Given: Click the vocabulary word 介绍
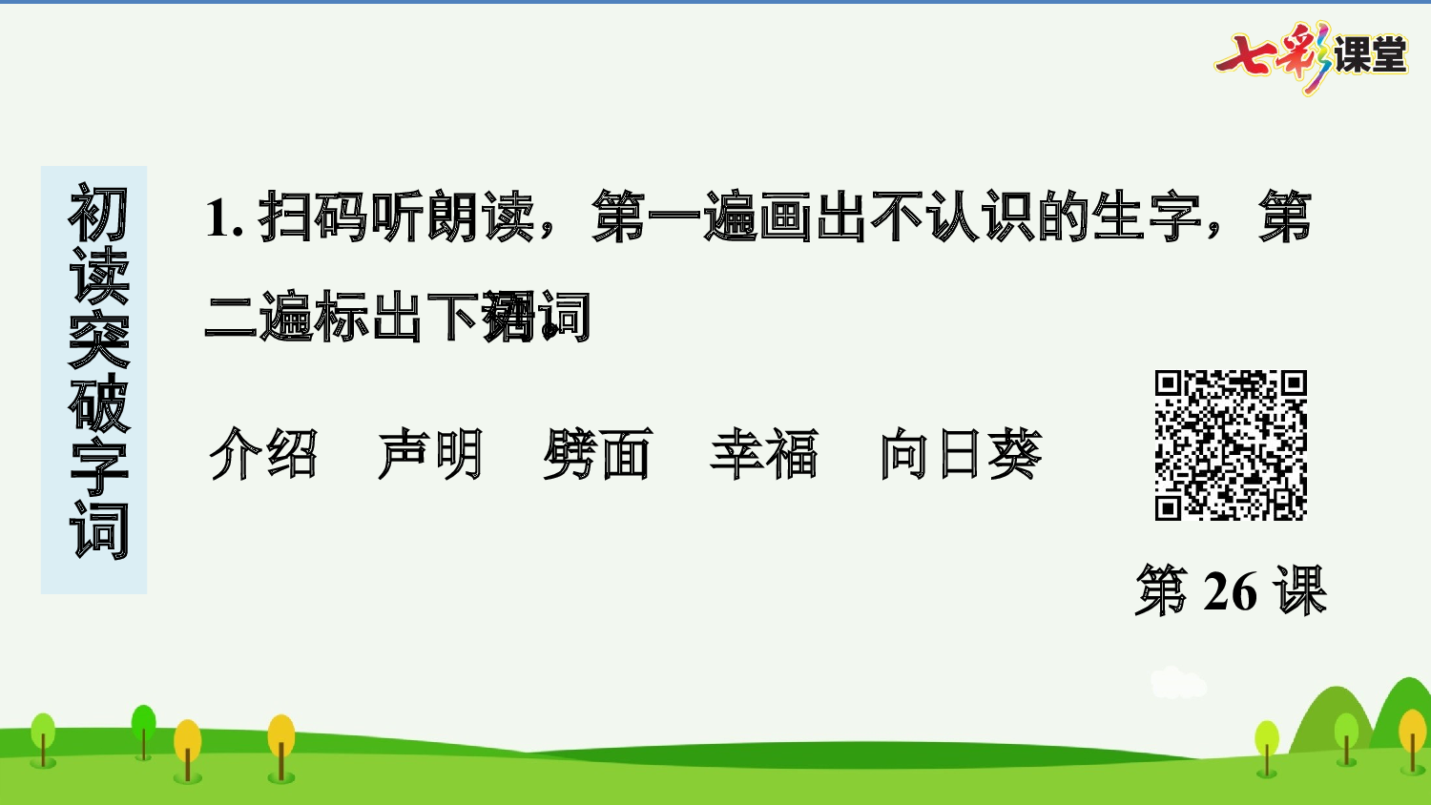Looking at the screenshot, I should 263,453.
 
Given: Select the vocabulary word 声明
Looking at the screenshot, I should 430,453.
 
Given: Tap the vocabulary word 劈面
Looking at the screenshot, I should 597,453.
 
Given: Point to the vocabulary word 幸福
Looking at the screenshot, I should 764,453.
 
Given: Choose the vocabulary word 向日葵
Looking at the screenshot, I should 960,453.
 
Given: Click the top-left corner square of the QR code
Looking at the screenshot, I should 1169,383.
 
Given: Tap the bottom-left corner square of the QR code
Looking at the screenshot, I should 1169,506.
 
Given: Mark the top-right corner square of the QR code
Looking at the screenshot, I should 1293,383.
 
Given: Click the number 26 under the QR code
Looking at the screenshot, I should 1230,591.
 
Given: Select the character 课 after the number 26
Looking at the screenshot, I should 1298,591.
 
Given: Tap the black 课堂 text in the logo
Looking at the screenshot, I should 1370,55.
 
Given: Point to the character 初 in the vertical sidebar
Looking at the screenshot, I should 97,214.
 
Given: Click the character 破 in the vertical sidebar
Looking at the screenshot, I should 97,402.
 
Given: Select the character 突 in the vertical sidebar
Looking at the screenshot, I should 97,340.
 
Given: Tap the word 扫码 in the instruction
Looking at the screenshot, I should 313,217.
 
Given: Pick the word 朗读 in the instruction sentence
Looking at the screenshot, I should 481,217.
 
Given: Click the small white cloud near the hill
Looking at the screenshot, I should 1177,683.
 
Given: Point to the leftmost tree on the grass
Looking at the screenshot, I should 43,736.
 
